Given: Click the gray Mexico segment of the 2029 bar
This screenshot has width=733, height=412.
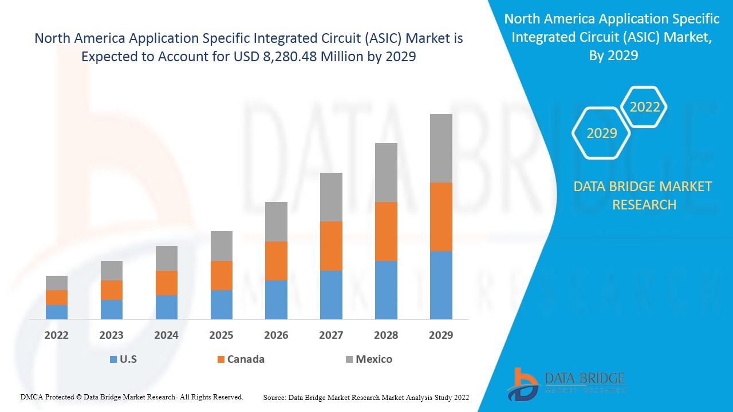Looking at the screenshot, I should coord(441,148).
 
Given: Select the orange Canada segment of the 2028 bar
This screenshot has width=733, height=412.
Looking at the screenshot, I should coord(386,231).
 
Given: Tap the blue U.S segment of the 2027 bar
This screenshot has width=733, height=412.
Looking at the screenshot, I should coord(331,295).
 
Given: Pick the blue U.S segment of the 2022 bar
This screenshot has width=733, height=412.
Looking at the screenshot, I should coord(57,312).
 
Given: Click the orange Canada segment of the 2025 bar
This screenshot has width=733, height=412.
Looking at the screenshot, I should coord(222,275).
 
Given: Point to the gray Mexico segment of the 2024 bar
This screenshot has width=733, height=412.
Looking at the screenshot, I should coord(167,258).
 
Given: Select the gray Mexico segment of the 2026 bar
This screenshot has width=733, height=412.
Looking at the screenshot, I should coord(276,221).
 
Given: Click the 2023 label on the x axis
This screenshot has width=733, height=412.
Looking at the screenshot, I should coord(112,335).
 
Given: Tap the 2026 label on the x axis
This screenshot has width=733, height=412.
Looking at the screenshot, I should coord(276,335).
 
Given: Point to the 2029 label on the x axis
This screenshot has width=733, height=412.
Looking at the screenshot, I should coord(441,335).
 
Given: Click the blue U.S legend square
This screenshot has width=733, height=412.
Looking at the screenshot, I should coord(113,359).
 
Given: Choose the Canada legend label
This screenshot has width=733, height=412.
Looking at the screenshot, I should coord(246,359).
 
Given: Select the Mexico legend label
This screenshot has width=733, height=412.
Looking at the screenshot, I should coord(374,359).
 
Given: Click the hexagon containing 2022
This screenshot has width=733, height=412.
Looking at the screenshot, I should coord(644,107).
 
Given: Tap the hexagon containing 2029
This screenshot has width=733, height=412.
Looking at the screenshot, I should coord(601,133).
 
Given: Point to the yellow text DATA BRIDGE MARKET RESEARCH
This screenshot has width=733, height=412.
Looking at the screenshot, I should coord(643,195).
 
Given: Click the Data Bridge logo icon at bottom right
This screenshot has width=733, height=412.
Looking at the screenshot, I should coord(522,384).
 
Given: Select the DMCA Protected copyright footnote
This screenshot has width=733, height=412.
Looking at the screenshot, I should coord(132,397).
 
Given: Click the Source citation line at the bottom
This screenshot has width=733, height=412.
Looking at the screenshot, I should coord(366,397).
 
